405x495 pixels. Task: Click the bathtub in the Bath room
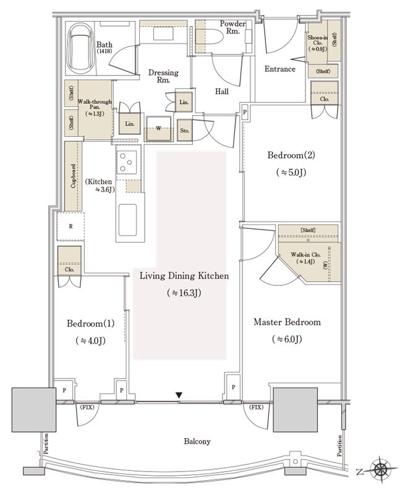(x=80, y=48)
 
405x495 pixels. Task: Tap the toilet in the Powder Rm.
(x=210, y=37)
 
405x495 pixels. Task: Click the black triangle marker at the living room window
(x=179, y=395)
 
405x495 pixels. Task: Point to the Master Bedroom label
(x=287, y=322)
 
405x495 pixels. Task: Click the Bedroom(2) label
(x=291, y=155)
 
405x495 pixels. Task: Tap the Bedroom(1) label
(x=90, y=324)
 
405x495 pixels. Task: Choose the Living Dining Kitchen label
(x=184, y=276)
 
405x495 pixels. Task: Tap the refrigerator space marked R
(x=70, y=226)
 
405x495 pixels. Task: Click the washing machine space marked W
(x=159, y=129)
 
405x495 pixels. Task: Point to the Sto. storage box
(x=184, y=131)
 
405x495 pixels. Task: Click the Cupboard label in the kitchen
(x=73, y=176)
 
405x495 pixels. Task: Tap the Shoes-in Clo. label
(x=318, y=40)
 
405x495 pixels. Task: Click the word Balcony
(x=197, y=441)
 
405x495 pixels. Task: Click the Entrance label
(x=279, y=69)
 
